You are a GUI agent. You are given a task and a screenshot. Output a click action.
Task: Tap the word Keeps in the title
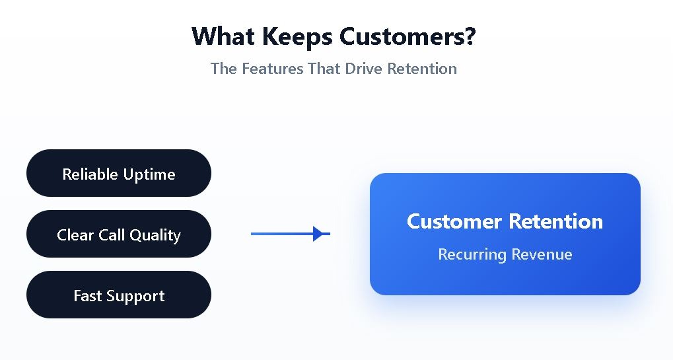pos(297,36)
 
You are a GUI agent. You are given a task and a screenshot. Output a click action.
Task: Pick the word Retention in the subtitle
pos(422,69)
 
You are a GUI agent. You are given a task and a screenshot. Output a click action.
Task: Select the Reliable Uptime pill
pos(119,173)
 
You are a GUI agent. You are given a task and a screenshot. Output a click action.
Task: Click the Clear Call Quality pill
pos(119,234)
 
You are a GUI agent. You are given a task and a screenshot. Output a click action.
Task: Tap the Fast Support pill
pos(119,295)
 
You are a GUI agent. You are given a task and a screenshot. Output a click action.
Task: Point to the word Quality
pos(155,236)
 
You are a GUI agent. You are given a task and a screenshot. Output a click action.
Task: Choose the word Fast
pos(87,295)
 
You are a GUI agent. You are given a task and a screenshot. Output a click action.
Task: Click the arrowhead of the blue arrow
pos(320,234)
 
